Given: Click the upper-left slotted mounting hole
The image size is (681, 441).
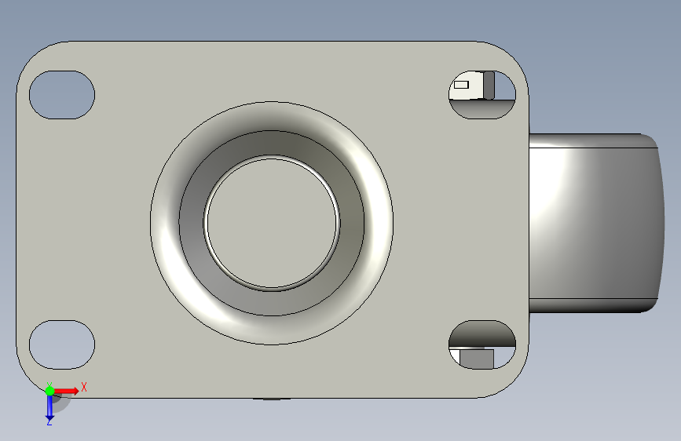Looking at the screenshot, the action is point(62,95).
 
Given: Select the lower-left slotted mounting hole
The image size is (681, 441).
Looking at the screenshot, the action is point(62,344).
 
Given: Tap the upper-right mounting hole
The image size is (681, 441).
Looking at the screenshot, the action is point(482,95).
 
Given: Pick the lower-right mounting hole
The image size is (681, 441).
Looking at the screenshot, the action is point(482,344).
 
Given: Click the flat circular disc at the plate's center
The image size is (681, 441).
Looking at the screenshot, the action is point(272,223).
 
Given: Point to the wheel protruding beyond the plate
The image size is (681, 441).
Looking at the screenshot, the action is point(596,223).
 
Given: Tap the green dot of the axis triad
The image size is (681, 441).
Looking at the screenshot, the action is point(50,391).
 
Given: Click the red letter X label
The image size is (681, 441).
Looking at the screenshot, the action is point(84,387).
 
